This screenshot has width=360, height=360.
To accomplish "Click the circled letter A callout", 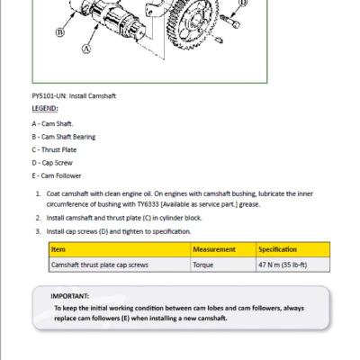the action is point(86,49).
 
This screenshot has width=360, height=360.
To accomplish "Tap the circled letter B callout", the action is point(60,32).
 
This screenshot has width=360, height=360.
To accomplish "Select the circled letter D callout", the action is point(243,3).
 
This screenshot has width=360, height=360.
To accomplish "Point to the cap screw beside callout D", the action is point(229,21).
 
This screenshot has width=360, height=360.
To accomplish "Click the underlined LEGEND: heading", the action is point(45,108).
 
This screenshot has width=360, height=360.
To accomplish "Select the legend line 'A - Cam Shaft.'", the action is point(52,123).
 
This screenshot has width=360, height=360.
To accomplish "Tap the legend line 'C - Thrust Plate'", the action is point(54,149).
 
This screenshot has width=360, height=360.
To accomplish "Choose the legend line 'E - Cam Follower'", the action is point(57,175).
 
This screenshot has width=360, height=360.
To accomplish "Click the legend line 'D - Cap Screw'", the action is point(52,163).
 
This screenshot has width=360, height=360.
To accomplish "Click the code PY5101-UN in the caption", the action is point(49,96).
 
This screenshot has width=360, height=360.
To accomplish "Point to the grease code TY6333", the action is point(148,204).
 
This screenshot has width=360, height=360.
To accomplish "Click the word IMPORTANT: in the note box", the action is point(70,296).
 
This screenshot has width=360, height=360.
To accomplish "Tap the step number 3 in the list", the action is point(38,231).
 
